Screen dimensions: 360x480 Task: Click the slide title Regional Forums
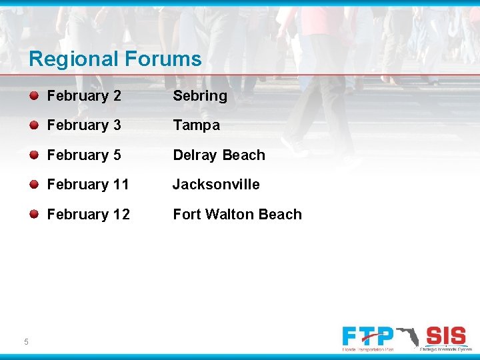(115, 59)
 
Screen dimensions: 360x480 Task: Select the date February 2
(84, 96)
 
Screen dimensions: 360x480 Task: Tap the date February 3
(84, 125)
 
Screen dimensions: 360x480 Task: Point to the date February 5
(84, 155)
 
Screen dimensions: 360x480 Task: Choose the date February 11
(88, 185)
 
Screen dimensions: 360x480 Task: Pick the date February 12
(88, 215)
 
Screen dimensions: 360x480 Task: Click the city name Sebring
(200, 96)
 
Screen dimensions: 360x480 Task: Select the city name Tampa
(196, 125)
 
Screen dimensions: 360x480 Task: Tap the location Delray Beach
(219, 155)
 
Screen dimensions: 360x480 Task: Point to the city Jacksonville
(216, 185)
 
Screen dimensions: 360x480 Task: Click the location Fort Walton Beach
(237, 215)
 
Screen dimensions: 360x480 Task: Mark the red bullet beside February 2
(33, 95)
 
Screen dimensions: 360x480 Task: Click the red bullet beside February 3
(33, 125)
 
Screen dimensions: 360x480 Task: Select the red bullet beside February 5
(33, 155)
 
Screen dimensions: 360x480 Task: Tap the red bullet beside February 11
(33, 184)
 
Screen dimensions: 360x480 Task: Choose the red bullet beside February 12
(33, 214)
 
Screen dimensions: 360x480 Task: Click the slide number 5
(26, 342)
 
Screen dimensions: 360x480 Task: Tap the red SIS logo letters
(445, 335)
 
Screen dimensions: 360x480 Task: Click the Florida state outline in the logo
(408, 336)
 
